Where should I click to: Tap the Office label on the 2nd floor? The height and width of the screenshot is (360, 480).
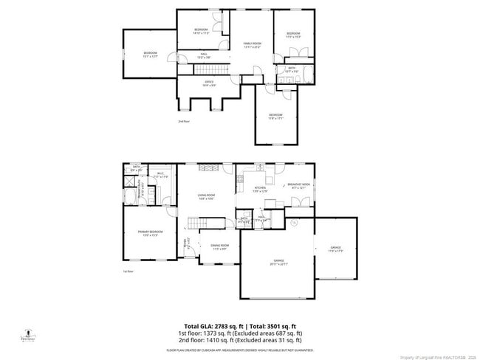coord(209,83)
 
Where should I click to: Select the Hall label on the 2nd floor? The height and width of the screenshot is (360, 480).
coord(204,55)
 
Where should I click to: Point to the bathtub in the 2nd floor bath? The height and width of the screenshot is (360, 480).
coord(308,74)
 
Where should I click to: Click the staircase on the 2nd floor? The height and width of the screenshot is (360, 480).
coord(213,69)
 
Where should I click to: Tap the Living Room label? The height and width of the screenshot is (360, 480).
coord(205,195)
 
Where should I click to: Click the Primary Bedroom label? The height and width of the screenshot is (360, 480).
coord(150,233)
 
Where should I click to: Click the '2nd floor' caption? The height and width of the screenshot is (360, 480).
coord(183,121)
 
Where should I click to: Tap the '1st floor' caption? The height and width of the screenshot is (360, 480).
coord(128,271)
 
